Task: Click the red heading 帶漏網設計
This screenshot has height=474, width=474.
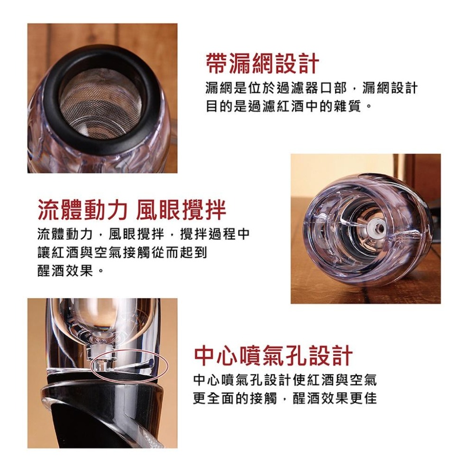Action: pyautogui.click(x=262, y=64)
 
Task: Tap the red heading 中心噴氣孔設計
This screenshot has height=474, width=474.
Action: pyautogui.click(x=273, y=355)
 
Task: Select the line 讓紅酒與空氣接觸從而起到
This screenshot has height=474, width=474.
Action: pyautogui.click(x=122, y=253)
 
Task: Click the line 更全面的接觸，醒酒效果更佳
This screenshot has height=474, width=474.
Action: pyautogui.click(x=285, y=398)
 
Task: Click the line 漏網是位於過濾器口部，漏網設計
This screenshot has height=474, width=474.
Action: pyautogui.click(x=311, y=88)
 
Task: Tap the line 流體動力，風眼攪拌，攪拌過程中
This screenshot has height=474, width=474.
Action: pyautogui.click(x=143, y=234)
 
